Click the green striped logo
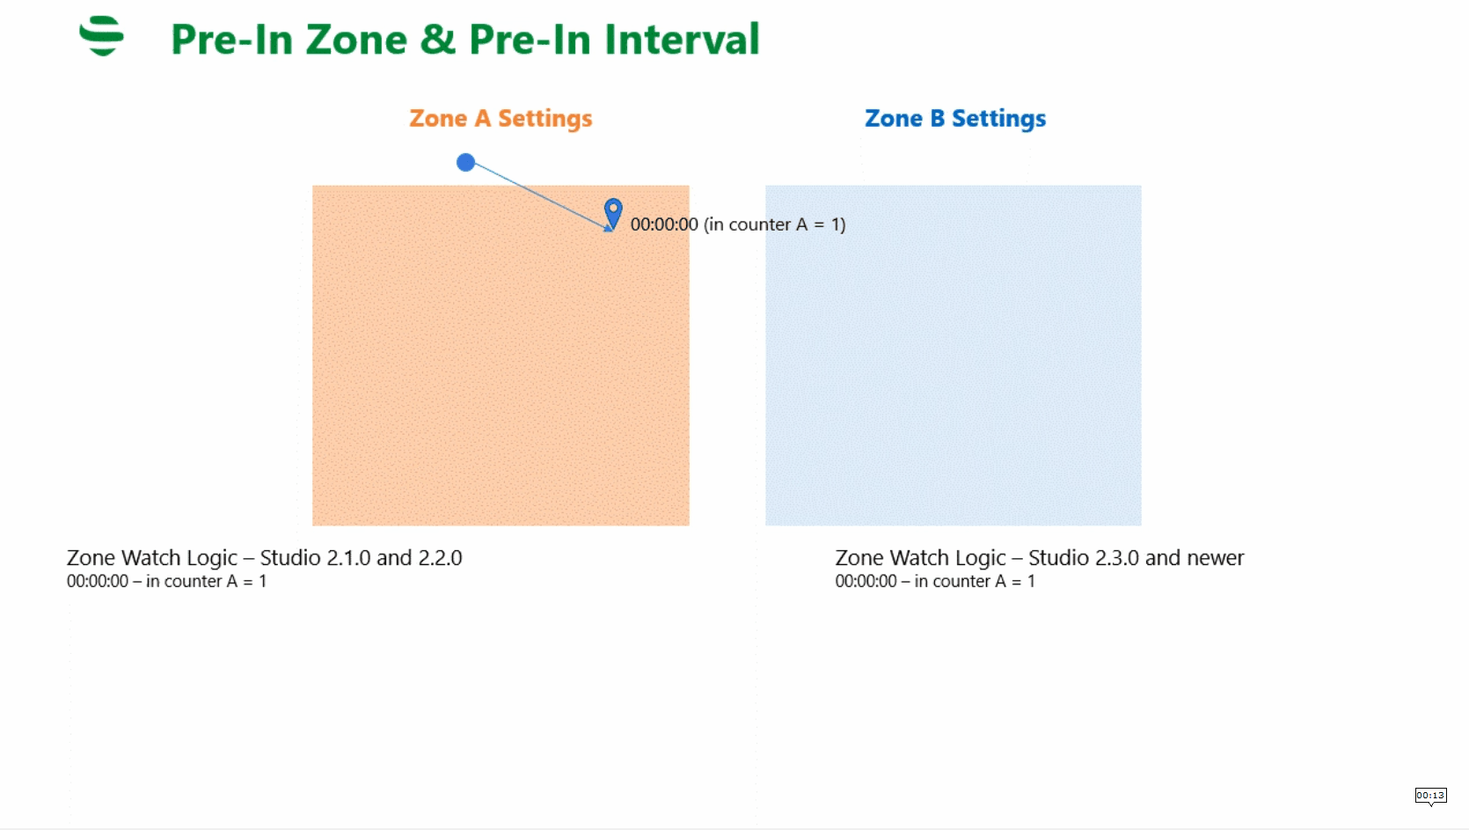point(102,36)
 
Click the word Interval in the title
point(682,40)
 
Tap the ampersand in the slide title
point(437,40)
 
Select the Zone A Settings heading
point(501,118)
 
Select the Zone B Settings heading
point(955,118)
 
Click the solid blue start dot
point(465,162)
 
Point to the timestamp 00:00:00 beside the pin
point(664,224)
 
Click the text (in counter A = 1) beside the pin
point(774,224)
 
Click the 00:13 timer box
point(1430,795)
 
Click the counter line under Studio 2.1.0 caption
point(166,581)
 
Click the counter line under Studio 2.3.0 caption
point(935,581)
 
